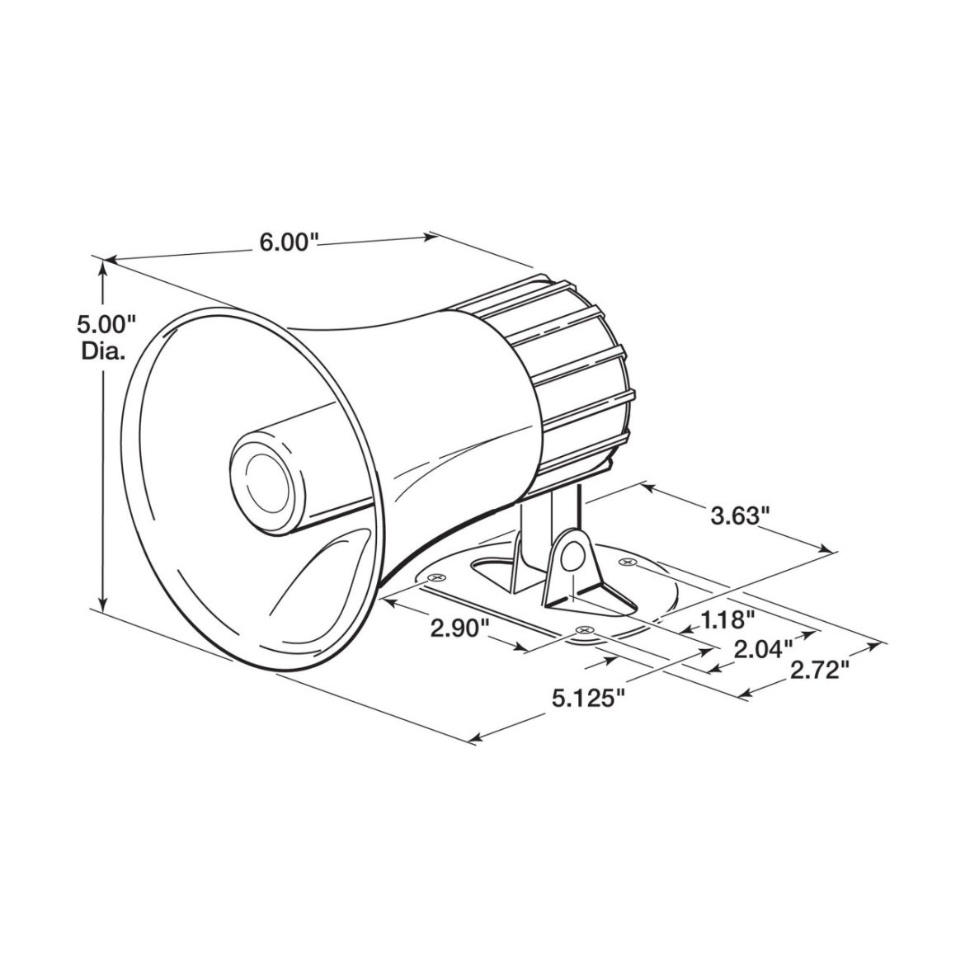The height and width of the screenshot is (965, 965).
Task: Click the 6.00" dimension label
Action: tap(289, 242)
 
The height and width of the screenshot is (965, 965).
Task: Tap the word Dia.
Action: tap(103, 352)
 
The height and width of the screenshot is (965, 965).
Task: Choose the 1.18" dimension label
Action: tap(727, 619)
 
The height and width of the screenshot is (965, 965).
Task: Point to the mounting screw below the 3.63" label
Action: tap(628, 563)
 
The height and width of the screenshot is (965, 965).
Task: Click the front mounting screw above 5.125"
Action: tap(585, 631)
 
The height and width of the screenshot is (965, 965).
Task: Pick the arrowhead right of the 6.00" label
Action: tap(431, 238)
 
